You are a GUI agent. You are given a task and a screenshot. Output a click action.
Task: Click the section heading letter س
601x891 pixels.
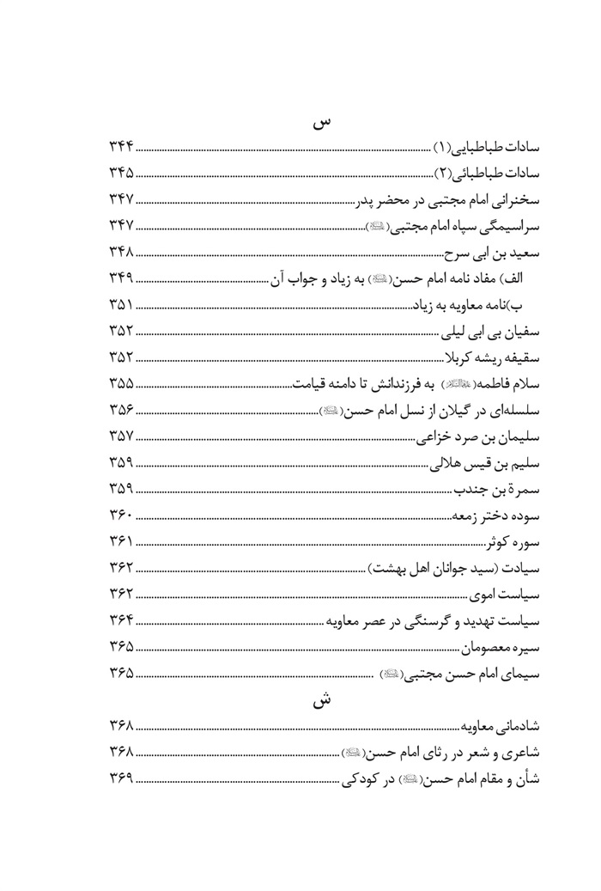(319, 123)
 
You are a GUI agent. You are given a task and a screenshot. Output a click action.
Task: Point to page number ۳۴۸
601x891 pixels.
(120, 254)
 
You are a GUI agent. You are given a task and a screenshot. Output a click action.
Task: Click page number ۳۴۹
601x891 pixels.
(120, 280)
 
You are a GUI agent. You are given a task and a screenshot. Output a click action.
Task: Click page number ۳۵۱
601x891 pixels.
(120, 307)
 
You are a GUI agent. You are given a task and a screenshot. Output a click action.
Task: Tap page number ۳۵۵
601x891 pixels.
(120, 385)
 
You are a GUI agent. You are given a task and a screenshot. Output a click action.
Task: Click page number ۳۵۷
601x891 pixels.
(120, 437)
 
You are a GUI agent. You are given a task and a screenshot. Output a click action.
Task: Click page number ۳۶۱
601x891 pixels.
(120, 542)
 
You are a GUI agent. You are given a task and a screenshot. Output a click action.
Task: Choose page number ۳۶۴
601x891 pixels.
(120, 621)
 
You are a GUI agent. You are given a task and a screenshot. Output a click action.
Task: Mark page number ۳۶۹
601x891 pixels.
(120, 781)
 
